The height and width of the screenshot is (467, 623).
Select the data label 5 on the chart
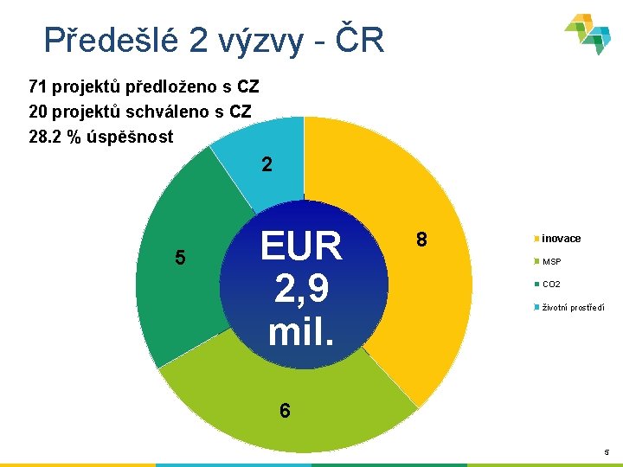tap(180, 257)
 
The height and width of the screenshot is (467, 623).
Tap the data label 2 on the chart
tap(267, 164)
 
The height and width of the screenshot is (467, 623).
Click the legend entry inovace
tap(561, 239)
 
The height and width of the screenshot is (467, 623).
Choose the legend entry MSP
tap(551, 261)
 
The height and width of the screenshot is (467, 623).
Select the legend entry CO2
tap(551, 285)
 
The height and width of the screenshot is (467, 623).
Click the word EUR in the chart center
tap(302, 246)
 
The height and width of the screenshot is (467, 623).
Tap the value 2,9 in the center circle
tap(302, 289)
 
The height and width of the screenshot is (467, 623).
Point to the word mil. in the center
tap(302, 329)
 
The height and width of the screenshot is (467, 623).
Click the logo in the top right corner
tap(588, 35)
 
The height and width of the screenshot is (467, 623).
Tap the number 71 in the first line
tap(38, 86)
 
